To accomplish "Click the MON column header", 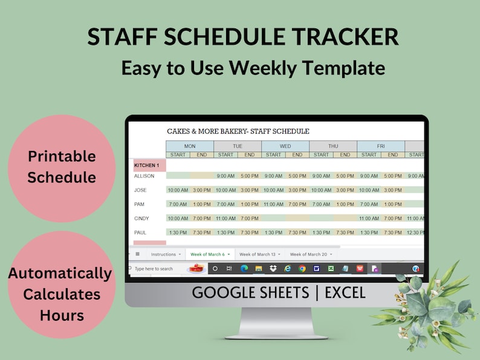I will point(190,146).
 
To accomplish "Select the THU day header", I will point(333,146).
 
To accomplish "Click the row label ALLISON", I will point(144,176).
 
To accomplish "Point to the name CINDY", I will point(143,218).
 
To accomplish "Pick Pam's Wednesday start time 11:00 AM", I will point(273,204).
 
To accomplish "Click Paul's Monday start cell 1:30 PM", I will point(178,233).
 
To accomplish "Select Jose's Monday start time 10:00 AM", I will point(178,190).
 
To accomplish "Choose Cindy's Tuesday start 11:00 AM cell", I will point(225,218).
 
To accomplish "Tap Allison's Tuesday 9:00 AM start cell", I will point(225,176).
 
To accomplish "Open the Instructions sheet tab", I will point(163,254).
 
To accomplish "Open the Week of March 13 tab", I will point(257,254).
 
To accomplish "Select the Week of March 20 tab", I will point(308,254).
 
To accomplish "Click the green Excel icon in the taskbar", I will point(331,269).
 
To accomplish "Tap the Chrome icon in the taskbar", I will point(302,269).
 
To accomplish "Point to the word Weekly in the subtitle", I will point(259,68).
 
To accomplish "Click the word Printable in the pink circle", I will point(62,156).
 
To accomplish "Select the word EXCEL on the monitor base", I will point(345,293).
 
